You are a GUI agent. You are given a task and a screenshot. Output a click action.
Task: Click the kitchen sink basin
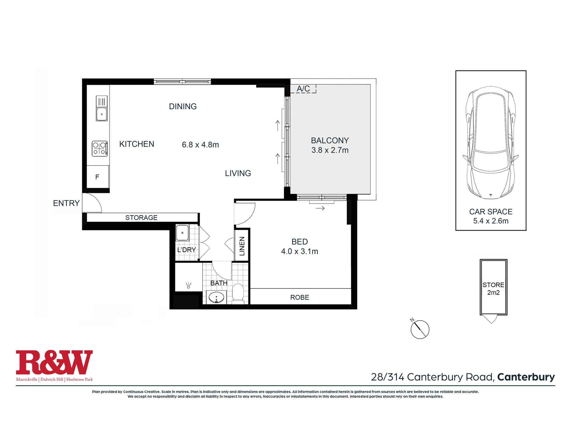(x=102, y=114)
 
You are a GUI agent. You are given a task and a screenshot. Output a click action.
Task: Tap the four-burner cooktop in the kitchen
(x=100, y=148)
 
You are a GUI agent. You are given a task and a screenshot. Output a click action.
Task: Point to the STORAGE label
(x=141, y=217)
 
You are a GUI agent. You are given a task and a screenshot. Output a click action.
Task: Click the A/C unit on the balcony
(x=303, y=89)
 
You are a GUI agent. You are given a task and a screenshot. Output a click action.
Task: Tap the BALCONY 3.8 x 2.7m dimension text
(x=330, y=145)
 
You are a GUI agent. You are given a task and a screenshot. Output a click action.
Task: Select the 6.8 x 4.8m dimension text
(x=200, y=145)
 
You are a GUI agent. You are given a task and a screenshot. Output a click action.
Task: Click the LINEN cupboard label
(x=242, y=246)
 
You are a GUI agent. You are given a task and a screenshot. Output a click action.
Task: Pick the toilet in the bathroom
(x=238, y=292)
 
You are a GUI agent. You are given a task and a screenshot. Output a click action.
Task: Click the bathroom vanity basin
(x=217, y=298)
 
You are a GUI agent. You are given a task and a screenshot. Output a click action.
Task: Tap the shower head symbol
(x=188, y=285)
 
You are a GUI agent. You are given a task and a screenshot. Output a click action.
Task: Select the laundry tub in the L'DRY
(x=182, y=233)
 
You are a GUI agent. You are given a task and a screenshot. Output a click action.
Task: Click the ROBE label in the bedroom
(x=300, y=297)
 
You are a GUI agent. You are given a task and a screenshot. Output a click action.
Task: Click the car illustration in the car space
(x=491, y=143)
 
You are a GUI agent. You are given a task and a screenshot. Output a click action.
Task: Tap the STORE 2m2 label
(x=493, y=288)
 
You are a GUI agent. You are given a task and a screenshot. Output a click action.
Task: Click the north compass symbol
(x=420, y=329)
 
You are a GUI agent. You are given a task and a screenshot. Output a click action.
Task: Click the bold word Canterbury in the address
(x=526, y=377)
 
